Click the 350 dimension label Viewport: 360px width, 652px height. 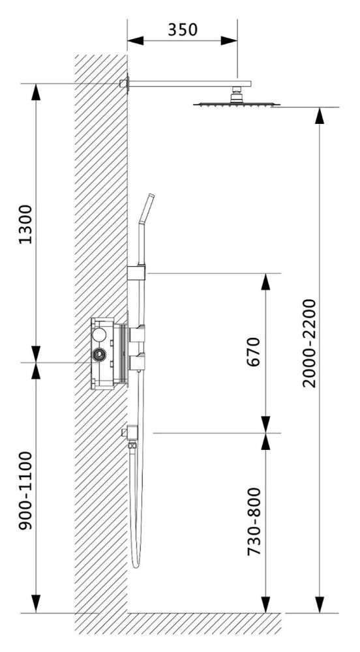click(x=182, y=29)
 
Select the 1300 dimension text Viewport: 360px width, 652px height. click(x=25, y=223)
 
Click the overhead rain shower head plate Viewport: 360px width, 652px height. click(x=237, y=104)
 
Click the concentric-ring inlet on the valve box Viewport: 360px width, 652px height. click(x=100, y=355)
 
